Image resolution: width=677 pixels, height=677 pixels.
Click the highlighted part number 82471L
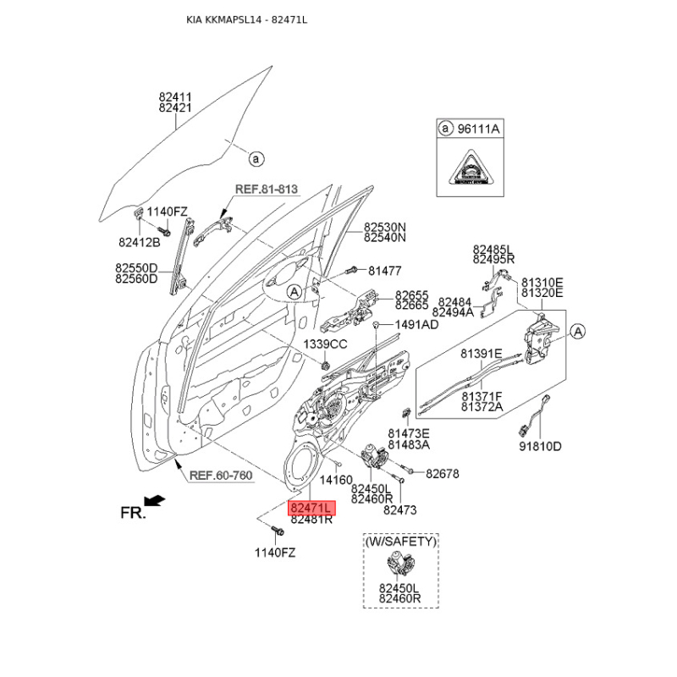point(312,508)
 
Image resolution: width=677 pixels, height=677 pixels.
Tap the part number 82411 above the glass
point(175,97)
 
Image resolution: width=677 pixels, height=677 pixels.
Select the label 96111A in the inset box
point(480,129)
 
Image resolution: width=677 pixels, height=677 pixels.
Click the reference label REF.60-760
point(220,476)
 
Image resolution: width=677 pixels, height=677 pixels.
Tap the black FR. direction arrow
point(155,502)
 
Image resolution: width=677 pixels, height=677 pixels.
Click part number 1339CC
point(326,344)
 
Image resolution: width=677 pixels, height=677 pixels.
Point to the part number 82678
point(442,474)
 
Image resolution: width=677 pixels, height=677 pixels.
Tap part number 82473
point(400,510)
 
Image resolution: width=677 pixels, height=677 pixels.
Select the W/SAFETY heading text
point(400,541)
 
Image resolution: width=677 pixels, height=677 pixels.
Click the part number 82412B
point(140,243)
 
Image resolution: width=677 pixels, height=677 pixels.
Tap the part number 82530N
point(385,227)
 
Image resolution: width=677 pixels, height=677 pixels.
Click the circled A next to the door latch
point(577,331)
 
